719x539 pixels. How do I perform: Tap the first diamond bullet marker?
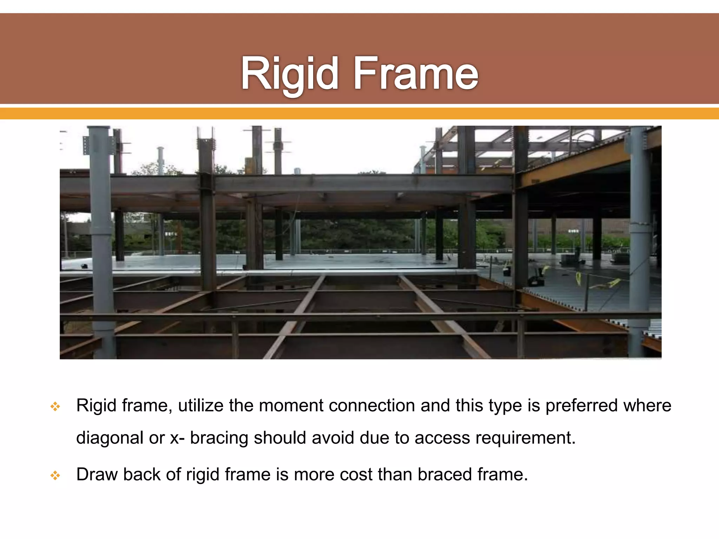pyautogui.click(x=55, y=407)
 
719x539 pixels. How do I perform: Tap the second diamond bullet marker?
pyautogui.click(x=55, y=476)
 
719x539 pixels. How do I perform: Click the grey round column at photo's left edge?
pyautogui.click(x=102, y=242)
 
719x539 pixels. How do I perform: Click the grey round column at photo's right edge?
pyautogui.click(x=639, y=242)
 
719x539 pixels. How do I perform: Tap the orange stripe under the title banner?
pyautogui.click(x=359, y=113)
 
